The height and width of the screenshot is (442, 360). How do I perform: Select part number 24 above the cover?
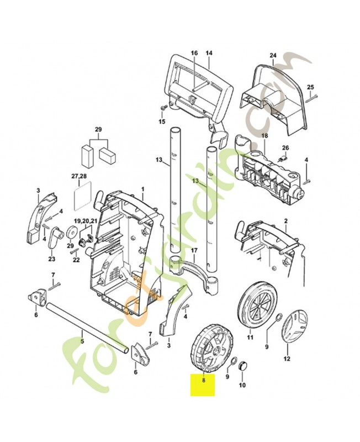[x=272, y=55]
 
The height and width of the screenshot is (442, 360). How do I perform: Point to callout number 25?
[x=310, y=87]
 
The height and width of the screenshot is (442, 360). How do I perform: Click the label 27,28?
[x=80, y=176]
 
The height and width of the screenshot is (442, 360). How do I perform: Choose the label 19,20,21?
[x=86, y=220]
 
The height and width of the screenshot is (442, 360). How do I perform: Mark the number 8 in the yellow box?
[x=203, y=380]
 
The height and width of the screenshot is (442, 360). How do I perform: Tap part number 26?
[x=285, y=148]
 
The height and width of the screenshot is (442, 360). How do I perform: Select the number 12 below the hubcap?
[x=287, y=358]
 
